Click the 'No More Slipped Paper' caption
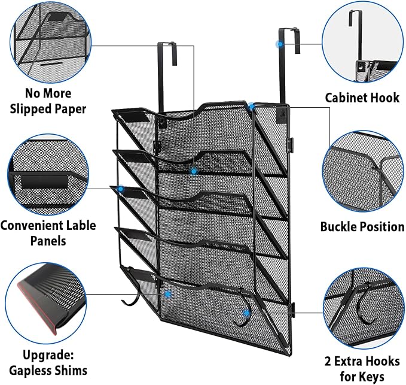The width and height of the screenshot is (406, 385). tap(47, 101)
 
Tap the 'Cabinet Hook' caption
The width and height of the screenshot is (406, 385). tap(362, 97)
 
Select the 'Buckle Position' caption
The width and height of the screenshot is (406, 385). tap(362, 227)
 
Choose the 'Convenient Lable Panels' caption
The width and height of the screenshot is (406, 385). tap(41, 233)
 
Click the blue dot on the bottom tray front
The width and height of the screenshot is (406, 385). tap(169, 295)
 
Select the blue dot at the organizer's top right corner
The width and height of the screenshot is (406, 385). tap(254, 107)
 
